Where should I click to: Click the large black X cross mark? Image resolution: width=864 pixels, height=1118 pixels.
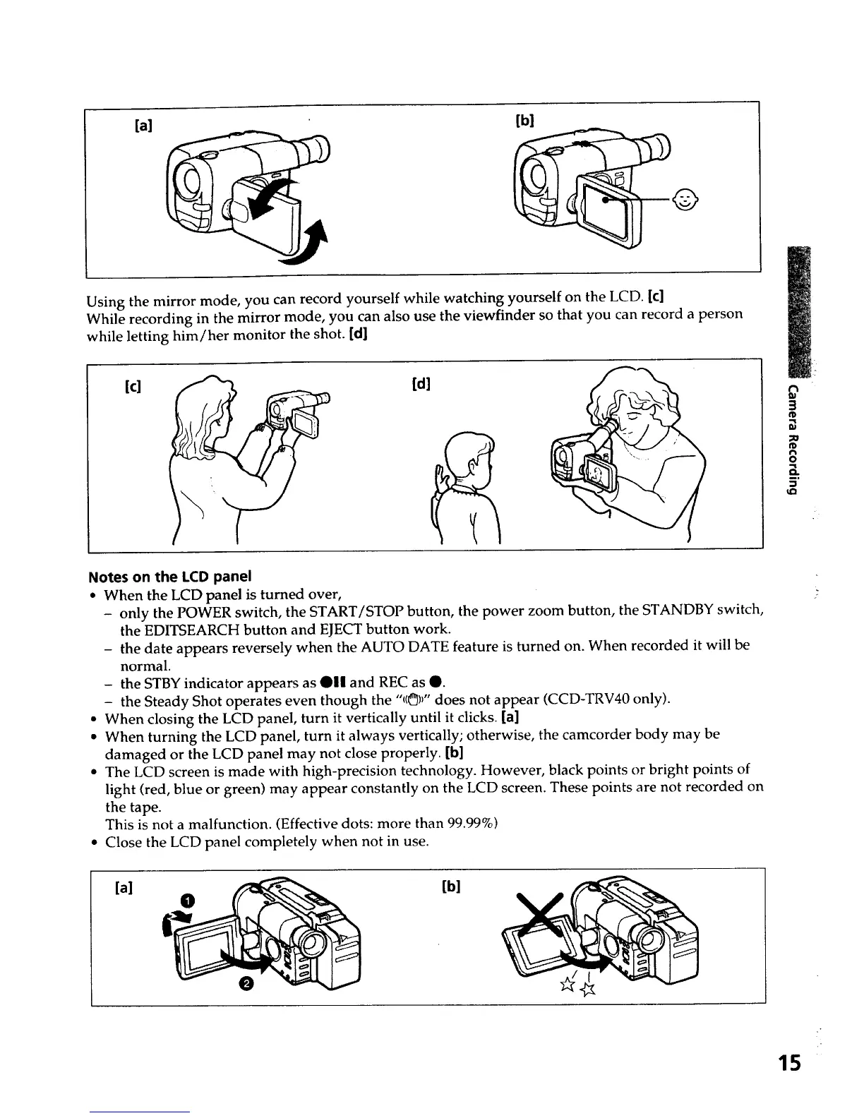coord(548,919)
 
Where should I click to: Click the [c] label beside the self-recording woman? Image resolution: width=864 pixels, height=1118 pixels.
coord(131,387)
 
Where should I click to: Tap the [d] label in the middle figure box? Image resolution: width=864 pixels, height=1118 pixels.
coord(421,384)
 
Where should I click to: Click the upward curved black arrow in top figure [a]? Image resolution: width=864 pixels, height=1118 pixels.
coord(317,241)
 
